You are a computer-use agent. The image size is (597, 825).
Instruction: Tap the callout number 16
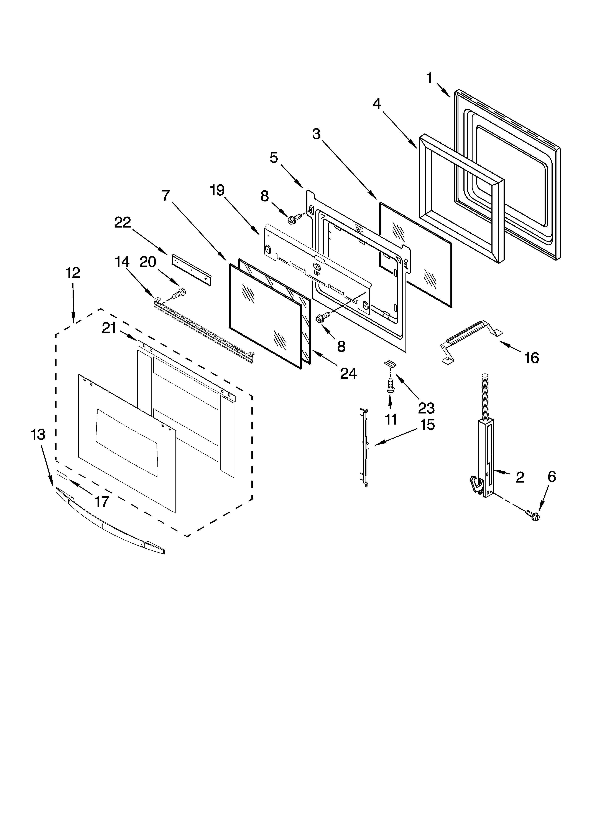(532, 358)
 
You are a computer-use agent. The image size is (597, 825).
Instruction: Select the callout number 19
(217, 190)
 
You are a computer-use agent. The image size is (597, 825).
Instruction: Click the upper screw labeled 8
(295, 218)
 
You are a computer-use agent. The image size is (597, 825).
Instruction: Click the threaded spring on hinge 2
(485, 397)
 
